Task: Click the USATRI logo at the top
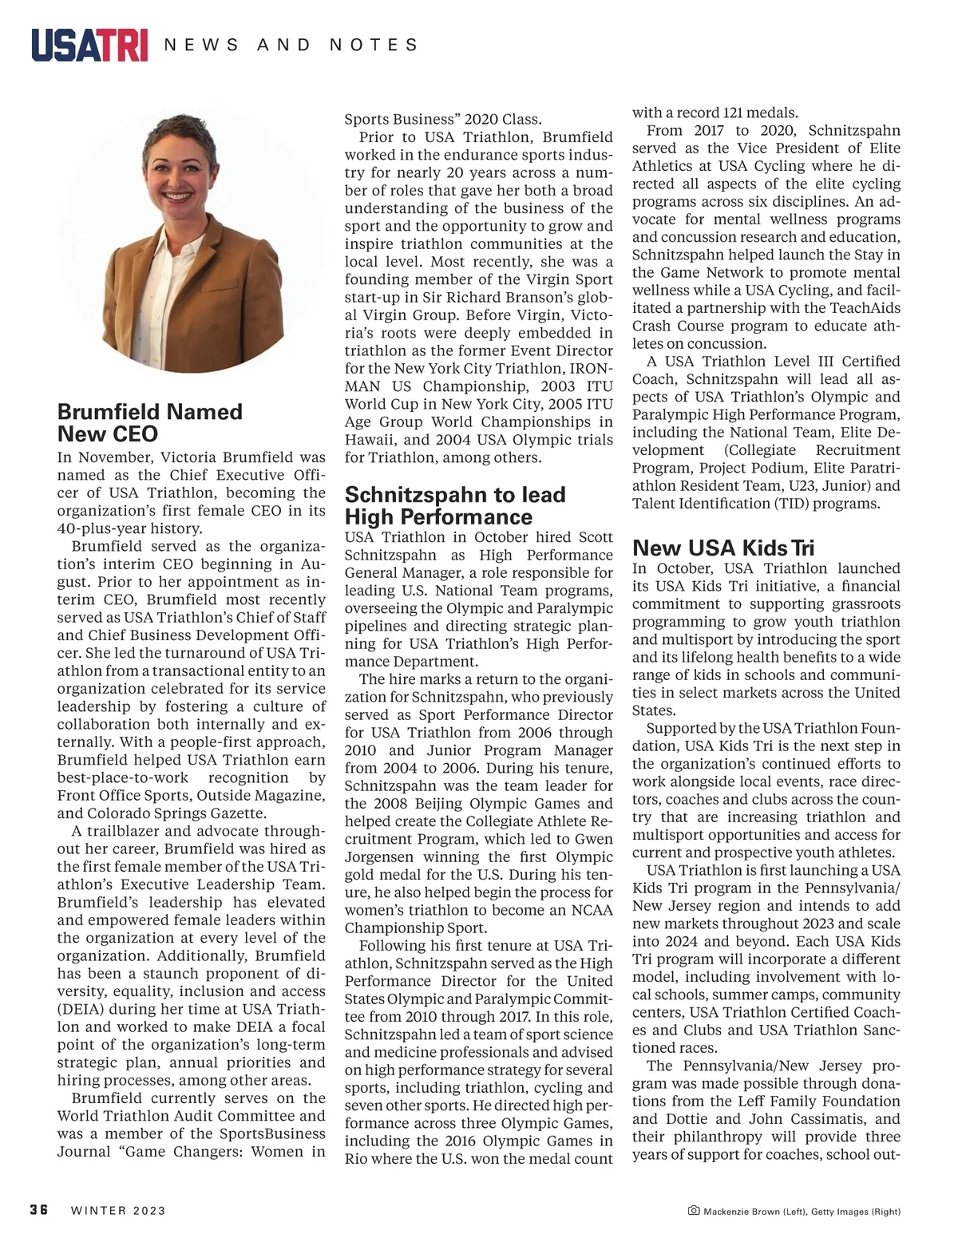[89, 45]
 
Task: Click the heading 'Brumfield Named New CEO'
[150, 423]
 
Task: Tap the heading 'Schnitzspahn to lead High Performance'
[455, 505]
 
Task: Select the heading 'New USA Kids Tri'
[723, 548]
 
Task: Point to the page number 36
[39, 1210]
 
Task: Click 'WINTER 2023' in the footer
[118, 1211]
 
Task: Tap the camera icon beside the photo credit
[693, 1211]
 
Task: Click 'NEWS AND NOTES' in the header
[291, 45]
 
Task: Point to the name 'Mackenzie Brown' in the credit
[742, 1212]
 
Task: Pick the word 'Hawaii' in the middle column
[370, 440]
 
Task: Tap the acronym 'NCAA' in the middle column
[589, 911]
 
